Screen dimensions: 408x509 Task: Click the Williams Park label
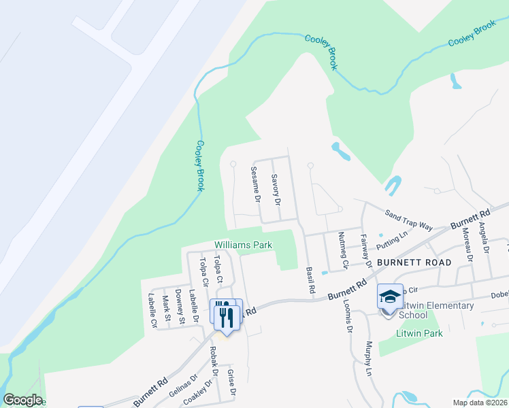[x=243, y=245]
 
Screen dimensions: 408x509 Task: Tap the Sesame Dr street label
[x=255, y=185]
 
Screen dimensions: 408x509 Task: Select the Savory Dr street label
[x=276, y=190]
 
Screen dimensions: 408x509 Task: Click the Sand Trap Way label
[x=409, y=219]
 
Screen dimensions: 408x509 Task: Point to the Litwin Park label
[x=419, y=333]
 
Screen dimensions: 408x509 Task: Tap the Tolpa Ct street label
[x=218, y=269]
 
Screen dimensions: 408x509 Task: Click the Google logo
[x=22, y=400]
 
